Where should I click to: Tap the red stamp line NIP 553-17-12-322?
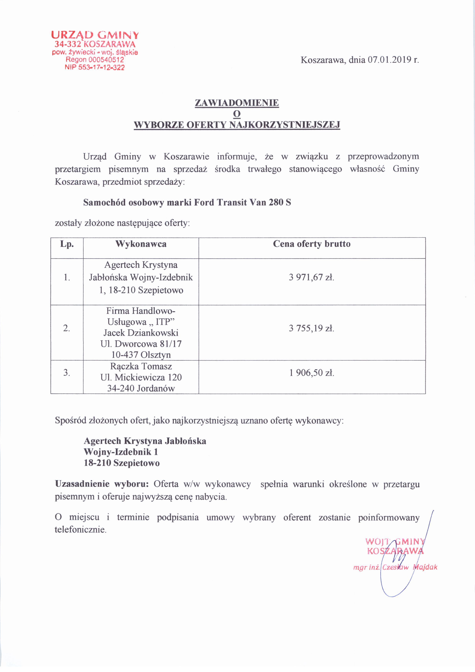pos(95,68)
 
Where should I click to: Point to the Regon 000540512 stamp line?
pos(95,60)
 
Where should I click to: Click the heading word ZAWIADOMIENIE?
pos(237,103)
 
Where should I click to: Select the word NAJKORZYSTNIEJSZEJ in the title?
pos(285,125)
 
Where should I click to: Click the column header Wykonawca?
pos(141,244)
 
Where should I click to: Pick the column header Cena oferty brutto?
pos(312,244)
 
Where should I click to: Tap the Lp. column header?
pos(67,244)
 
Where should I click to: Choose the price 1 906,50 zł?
pos(311,373)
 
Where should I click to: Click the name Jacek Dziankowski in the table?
pos(141,333)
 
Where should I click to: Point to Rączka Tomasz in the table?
pos(141,366)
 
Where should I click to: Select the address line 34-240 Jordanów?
pos(141,388)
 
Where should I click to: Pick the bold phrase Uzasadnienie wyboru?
pos(102,484)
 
